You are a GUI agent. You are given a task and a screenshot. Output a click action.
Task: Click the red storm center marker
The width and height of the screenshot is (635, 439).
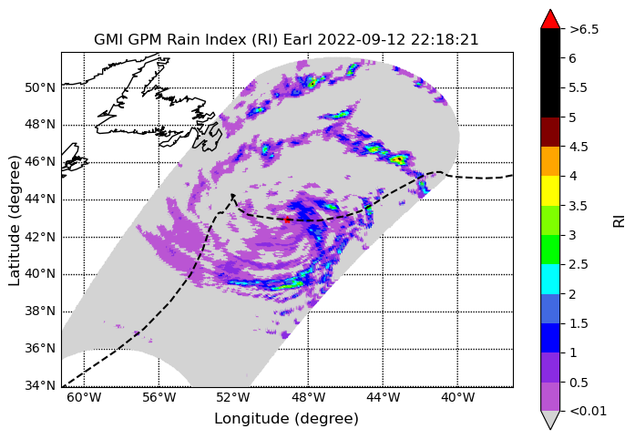tap(287, 219)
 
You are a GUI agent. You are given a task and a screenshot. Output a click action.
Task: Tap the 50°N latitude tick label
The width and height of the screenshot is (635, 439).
tap(40, 87)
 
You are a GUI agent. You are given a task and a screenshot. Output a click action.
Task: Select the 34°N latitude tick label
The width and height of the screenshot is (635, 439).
tap(40, 385)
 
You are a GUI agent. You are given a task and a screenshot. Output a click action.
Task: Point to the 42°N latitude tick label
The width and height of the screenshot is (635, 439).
tap(40, 237)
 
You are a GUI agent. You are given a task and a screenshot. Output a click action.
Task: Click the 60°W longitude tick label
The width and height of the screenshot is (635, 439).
tap(84, 398)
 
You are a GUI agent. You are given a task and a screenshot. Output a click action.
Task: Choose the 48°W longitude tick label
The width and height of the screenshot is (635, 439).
tap(308, 398)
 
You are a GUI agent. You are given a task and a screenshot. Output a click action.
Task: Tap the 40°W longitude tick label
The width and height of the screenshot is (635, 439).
tap(457, 398)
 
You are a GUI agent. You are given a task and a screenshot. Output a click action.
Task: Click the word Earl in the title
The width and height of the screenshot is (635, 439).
tap(299, 40)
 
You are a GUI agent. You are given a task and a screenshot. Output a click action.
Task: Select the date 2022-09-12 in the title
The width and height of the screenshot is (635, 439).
tap(363, 40)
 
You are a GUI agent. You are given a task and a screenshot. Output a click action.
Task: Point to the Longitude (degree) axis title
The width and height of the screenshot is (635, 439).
tap(286, 419)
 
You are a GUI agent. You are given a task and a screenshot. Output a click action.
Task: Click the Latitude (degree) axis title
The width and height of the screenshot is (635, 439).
tap(15, 220)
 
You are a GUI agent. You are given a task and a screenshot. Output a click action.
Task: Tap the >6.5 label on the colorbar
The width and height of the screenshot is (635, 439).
tap(584, 29)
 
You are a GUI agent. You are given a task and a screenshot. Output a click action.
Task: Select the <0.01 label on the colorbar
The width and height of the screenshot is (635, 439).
tap(588, 412)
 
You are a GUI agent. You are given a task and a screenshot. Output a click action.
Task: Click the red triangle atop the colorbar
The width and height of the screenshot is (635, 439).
tap(550, 19)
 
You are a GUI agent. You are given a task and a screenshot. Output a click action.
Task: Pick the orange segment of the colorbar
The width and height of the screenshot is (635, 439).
tap(550, 161)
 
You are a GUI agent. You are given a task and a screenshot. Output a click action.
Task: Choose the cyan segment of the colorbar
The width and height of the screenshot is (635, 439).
tap(550, 279)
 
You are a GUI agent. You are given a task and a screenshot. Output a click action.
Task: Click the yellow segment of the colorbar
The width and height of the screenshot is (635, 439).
tap(550, 190)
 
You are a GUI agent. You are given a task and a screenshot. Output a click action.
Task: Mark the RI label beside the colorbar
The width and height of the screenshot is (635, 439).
tap(620, 221)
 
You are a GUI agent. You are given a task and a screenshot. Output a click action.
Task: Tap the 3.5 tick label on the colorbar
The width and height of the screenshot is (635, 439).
tap(578, 206)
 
